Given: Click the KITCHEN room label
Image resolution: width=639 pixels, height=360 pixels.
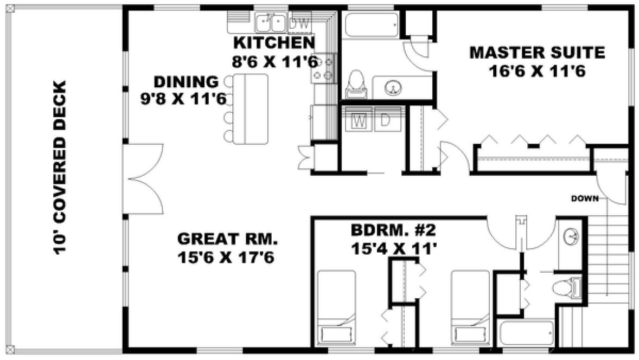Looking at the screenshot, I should pos(273,43).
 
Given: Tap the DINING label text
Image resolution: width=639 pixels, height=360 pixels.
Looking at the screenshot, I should pos(186,82).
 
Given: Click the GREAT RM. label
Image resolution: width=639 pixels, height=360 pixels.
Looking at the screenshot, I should pos(227,239).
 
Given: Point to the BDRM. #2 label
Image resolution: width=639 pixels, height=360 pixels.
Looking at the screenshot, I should pos(393,232).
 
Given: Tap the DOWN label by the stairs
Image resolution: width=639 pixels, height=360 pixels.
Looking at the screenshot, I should pos(584,198).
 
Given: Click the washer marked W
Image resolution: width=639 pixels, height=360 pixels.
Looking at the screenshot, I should pos(358,121).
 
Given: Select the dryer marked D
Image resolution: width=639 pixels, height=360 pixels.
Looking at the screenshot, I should pos(385,121).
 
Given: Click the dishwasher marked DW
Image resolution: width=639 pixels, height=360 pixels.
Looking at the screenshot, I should pos(299,23).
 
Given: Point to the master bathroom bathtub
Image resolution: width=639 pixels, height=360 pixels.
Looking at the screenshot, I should pos(372,24).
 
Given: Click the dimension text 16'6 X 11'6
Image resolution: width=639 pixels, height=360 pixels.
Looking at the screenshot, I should pos(536,71).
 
